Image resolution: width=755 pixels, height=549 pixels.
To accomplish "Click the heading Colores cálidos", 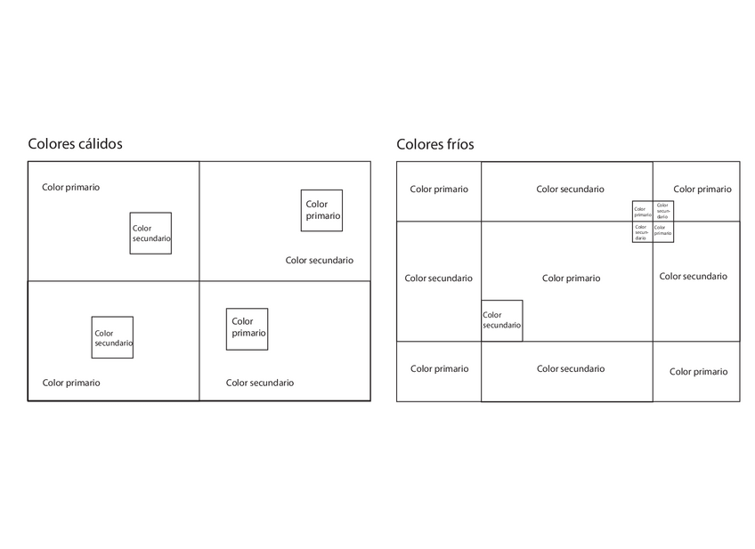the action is (x=75, y=144).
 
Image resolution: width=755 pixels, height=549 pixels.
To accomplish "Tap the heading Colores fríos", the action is (x=434, y=144).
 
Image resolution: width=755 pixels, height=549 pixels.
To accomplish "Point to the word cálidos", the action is (x=99, y=144).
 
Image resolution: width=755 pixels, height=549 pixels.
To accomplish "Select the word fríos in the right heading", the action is (x=459, y=144).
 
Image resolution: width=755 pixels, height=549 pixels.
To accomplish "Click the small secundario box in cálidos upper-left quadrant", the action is (x=150, y=233).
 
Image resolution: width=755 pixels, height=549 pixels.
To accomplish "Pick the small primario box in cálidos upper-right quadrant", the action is (x=321, y=211).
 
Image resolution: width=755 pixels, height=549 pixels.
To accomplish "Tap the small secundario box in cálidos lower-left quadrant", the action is (x=112, y=338).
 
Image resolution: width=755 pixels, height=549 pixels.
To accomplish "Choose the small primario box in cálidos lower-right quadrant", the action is (x=247, y=329).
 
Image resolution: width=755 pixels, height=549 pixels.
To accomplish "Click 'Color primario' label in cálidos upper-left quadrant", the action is (x=71, y=188).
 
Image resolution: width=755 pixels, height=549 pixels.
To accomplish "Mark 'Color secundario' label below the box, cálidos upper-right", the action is (x=319, y=261).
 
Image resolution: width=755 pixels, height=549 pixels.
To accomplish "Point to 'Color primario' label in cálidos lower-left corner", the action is (x=71, y=383).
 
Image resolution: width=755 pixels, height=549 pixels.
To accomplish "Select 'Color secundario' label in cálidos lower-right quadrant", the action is (x=259, y=383).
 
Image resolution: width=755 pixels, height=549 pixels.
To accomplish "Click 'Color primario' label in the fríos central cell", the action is (x=571, y=279).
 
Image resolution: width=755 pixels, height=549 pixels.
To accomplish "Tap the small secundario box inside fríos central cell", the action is (x=502, y=320).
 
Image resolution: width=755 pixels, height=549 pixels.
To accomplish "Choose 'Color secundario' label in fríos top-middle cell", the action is (x=570, y=190).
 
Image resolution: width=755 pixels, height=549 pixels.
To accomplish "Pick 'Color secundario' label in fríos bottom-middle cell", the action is (x=570, y=369).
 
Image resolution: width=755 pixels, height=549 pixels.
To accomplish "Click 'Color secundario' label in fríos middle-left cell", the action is (x=438, y=279).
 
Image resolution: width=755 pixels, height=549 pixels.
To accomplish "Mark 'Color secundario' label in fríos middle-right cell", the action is (x=693, y=277).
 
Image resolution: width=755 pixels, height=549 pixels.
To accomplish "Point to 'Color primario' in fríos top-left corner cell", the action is (x=439, y=190).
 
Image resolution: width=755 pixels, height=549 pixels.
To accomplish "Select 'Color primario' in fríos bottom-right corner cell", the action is (x=698, y=372).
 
